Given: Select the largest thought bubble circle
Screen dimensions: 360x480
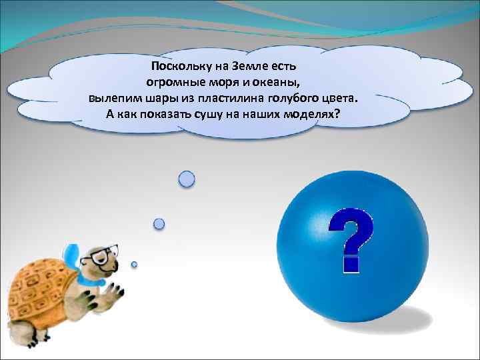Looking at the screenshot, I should pos(187,179).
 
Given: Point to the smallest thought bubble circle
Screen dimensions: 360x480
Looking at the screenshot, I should pos(134,265).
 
